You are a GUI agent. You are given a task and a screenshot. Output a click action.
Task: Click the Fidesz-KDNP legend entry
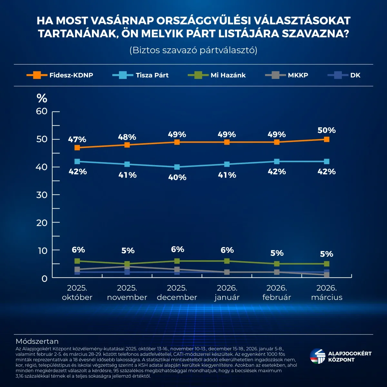tap(60, 75)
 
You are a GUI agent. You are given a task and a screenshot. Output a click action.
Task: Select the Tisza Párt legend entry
tap(141, 75)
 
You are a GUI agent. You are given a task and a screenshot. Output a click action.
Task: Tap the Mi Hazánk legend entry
tap(217, 75)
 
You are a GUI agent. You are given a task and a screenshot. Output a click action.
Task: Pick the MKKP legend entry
tap(286, 75)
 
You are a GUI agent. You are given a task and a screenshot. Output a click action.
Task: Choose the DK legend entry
tap(344, 75)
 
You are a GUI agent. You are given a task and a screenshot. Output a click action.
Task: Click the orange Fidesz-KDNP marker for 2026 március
tap(326, 139)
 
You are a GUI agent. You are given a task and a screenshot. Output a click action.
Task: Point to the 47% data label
tap(77, 140)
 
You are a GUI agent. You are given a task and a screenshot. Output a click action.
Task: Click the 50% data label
tap(327, 130)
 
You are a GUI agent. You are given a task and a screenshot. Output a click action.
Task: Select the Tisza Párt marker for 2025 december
tap(177, 167)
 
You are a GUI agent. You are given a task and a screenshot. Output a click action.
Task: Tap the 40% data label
tap(177, 177)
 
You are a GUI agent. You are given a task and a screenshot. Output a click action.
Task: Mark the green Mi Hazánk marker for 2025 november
tap(127, 264)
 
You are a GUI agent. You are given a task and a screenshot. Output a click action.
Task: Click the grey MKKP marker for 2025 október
tap(77, 269)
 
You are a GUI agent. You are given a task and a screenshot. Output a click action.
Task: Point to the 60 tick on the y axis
tap(42, 111)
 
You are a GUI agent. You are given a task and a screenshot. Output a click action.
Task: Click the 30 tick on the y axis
tap(42, 195)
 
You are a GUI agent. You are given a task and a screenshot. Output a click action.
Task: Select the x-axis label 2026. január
tap(227, 293)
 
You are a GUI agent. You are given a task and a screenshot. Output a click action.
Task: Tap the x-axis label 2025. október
tap(77, 293)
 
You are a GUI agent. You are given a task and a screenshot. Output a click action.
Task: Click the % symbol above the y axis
tap(42, 98)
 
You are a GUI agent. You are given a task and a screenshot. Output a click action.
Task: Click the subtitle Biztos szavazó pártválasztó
tap(193, 50)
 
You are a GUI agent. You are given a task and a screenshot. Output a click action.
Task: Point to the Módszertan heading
tap(37, 341)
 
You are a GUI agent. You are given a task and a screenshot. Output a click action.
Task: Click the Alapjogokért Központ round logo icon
tap(318, 356)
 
